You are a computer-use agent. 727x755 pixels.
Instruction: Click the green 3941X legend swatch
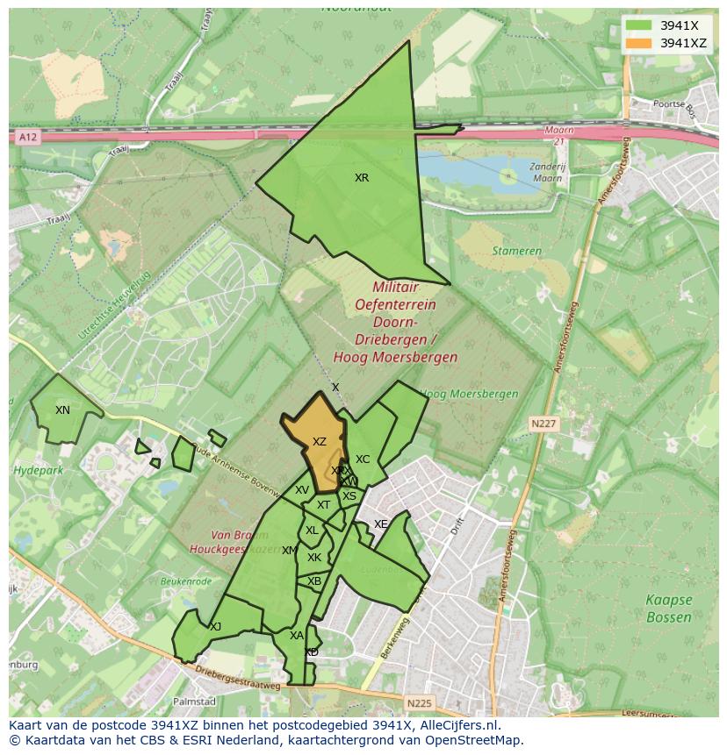point(638,25)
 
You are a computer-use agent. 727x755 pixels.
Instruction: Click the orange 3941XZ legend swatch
point(638,43)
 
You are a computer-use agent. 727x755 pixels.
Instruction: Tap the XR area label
point(362,178)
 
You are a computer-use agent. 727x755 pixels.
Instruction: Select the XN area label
point(62,410)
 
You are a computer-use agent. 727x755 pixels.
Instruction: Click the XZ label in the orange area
point(320,442)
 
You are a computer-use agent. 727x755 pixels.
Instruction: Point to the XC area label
point(363,459)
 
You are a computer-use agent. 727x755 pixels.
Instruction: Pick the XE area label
point(380,524)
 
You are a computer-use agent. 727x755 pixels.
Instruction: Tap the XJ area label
point(216,626)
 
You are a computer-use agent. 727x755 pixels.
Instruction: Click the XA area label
point(297,636)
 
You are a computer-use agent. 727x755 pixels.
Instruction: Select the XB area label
point(314,581)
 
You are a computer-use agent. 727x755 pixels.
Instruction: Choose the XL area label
point(312,531)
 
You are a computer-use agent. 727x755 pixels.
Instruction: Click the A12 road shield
point(28,137)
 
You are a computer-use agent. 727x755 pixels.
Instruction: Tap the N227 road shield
point(543,424)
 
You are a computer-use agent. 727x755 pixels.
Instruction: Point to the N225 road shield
point(419,703)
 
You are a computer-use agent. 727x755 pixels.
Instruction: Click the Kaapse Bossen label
point(669,609)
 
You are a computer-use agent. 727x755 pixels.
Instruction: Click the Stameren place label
point(516,251)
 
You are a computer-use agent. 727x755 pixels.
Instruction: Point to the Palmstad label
point(194,702)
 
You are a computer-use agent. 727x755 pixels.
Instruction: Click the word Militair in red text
point(395,288)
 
